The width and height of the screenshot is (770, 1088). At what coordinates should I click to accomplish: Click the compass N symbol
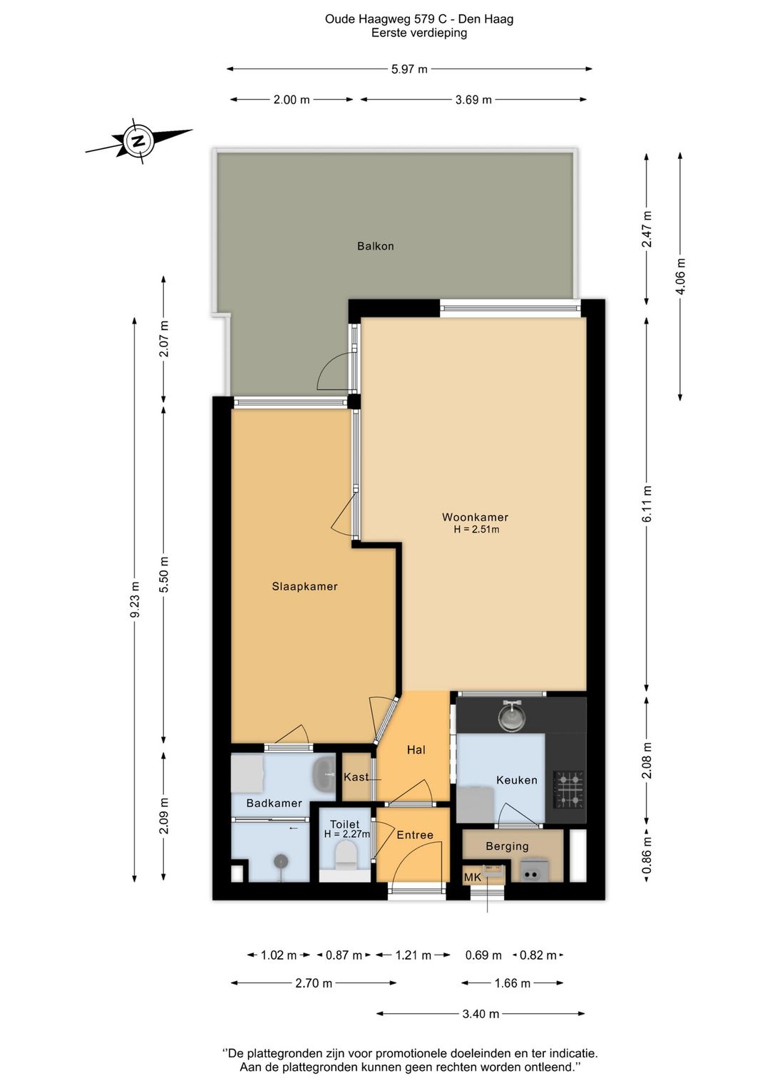coord(139,141)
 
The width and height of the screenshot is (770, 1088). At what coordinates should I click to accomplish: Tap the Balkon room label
coord(375,246)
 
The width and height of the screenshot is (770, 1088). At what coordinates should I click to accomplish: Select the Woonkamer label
coord(475,518)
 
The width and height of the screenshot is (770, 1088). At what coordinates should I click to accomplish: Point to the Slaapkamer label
coord(304,586)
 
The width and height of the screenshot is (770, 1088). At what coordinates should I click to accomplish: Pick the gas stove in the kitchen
coord(569,790)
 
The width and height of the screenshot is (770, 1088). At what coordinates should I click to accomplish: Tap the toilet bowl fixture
coord(346,855)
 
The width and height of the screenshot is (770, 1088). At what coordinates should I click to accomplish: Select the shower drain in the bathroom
coord(280,861)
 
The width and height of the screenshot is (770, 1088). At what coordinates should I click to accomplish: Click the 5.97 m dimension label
coord(409,69)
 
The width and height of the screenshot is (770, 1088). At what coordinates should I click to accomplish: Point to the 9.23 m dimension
coord(135,599)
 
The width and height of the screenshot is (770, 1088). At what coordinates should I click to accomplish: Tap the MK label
coord(473,877)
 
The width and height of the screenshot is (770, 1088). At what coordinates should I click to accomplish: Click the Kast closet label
coord(356,777)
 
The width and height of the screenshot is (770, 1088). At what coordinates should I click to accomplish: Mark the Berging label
coord(507,846)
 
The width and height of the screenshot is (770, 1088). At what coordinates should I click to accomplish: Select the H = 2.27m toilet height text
coord(347,834)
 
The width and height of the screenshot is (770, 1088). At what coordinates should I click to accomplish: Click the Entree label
coord(415,835)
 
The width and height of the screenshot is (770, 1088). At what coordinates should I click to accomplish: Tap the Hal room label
coord(416,750)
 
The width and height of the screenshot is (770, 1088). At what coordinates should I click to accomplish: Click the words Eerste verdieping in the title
coord(419,33)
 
